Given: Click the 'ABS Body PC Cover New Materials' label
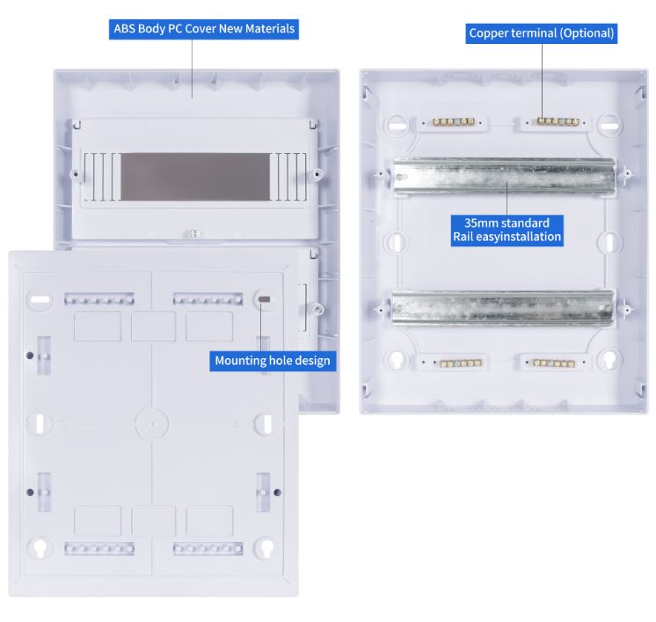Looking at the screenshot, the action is coord(204,29).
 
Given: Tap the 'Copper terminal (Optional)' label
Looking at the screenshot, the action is coord(542,33).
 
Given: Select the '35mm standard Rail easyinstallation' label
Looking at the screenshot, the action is coord(507,231).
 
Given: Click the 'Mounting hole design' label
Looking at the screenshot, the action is coord(273,361).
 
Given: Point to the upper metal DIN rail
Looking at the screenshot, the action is coord(504,176).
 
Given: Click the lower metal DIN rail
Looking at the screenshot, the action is coord(502,308).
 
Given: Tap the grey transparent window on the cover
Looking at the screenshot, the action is coord(195,177).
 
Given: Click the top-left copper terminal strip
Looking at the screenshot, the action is coord(454,121).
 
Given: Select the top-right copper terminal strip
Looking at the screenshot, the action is coord(558,121).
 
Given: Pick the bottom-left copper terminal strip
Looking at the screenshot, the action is coord(461,363).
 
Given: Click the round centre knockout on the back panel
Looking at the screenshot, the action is coord(152,424).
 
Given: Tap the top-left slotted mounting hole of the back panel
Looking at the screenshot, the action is coord(40,299).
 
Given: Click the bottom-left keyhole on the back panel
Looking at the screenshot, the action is coord(40,547).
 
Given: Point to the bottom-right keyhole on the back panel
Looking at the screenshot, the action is coord(266,547).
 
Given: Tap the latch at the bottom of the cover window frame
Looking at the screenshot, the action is coord(193,233).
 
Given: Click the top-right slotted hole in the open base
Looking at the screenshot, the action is coord(610,125).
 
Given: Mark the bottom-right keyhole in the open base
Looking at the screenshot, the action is coord(609,360).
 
